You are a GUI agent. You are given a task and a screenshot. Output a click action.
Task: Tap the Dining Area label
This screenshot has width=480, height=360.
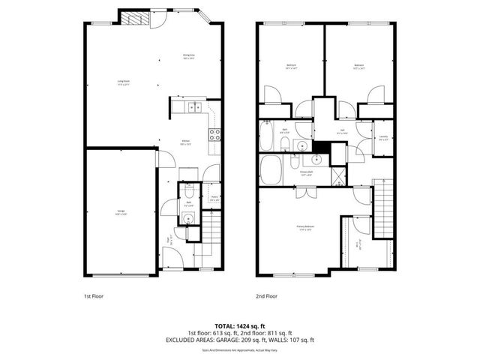188,55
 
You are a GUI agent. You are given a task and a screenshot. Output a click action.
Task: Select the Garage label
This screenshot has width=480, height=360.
120,214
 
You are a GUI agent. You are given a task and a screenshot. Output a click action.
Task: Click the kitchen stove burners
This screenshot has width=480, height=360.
214,135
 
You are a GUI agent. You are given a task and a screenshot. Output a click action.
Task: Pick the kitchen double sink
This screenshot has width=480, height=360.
193,106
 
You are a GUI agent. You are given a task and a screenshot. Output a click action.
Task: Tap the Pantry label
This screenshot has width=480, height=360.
213,199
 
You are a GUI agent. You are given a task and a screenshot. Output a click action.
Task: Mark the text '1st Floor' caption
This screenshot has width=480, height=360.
94,297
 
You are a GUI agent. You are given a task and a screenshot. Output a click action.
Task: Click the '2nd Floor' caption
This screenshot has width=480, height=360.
267,297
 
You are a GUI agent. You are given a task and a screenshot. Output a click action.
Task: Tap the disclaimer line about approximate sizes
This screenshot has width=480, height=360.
239,349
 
